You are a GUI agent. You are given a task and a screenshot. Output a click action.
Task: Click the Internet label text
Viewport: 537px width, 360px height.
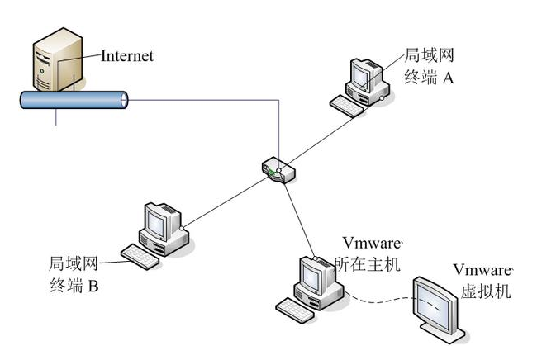[127, 56]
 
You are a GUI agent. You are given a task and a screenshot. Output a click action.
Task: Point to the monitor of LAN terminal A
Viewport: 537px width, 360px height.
[363, 75]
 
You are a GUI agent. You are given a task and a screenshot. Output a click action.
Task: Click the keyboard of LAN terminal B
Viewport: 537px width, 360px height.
[141, 256]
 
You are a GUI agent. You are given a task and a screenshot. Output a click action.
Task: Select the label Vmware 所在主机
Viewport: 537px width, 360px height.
[371, 253]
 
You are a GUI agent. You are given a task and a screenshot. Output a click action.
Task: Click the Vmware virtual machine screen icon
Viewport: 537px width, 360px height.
[439, 306]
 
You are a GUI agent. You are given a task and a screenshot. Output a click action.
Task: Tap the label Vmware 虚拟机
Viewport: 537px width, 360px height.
[482, 281]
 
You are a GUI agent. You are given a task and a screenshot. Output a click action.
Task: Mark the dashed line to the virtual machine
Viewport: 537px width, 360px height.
[380, 298]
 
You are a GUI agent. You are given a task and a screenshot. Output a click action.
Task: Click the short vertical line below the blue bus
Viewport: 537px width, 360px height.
[56, 116]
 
